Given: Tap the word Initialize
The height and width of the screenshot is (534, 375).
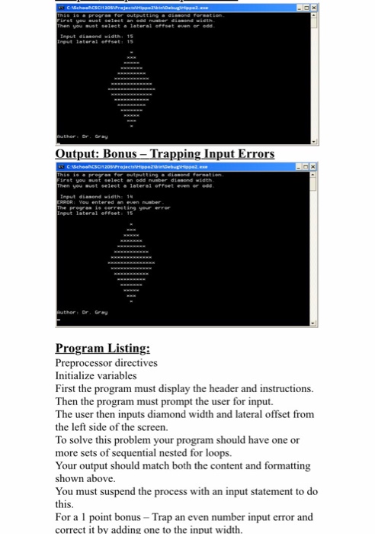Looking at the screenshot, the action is [x=75, y=375].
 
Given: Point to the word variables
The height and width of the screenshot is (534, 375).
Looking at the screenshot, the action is [x=123, y=375].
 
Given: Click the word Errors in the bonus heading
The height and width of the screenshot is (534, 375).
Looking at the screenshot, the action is [x=251, y=153].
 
